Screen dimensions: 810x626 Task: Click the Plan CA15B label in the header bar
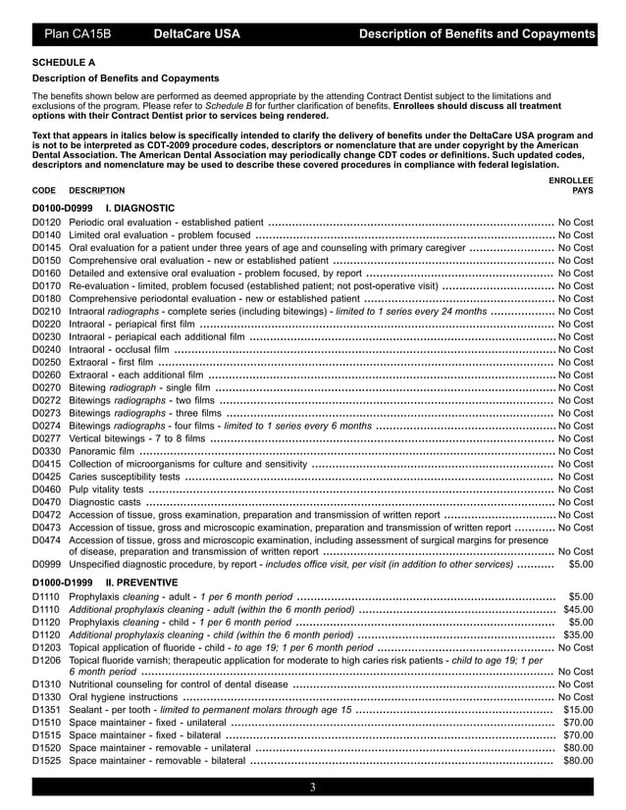pyautogui.click(x=78, y=35)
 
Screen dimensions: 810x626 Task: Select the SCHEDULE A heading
pyautogui.click(x=65, y=62)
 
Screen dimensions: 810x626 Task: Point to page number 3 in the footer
pyautogui.click(x=312, y=787)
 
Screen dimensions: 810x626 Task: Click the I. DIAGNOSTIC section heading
pyautogui.click(x=139, y=208)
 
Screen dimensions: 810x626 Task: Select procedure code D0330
pyautogui.click(x=47, y=451)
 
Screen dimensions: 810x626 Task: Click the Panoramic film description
pyautogui.click(x=101, y=451)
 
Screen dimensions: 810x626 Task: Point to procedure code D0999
pyautogui.click(x=47, y=564)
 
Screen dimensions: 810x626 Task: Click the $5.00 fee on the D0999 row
pyautogui.click(x=581, y=564)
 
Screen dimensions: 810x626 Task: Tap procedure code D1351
pyautogui.click(x=47, y=709)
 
